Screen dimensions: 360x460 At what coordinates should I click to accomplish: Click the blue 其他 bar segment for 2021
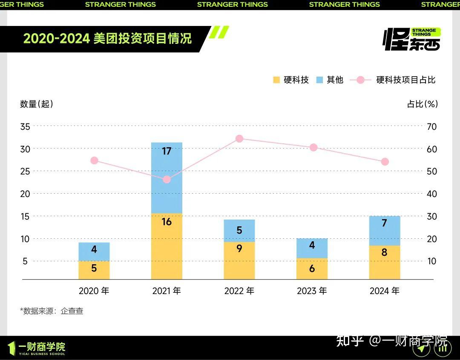167,178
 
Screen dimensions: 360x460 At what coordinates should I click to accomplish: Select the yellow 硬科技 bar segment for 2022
239,260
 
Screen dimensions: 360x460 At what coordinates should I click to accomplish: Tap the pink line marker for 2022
239,139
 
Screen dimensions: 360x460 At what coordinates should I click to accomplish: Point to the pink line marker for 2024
385,162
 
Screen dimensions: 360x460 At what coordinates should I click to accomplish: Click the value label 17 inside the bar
167,151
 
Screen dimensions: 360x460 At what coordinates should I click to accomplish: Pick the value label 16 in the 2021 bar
167,222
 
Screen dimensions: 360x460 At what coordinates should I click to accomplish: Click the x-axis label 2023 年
312,291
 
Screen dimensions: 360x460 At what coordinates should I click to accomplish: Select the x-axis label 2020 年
94,291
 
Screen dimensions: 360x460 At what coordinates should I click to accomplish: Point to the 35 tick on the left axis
25,126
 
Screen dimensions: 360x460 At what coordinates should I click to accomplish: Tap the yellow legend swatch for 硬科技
276,80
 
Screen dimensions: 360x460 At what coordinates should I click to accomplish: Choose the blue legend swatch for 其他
319,80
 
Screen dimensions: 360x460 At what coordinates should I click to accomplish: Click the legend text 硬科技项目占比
405,80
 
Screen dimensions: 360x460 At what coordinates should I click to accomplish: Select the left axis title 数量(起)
37,104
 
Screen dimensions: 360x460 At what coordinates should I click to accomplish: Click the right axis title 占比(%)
422,104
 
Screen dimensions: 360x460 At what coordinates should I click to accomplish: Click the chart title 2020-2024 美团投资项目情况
107,38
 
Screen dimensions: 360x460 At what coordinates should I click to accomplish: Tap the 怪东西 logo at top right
412,39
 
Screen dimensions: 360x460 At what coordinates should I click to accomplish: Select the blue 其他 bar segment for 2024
385,231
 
